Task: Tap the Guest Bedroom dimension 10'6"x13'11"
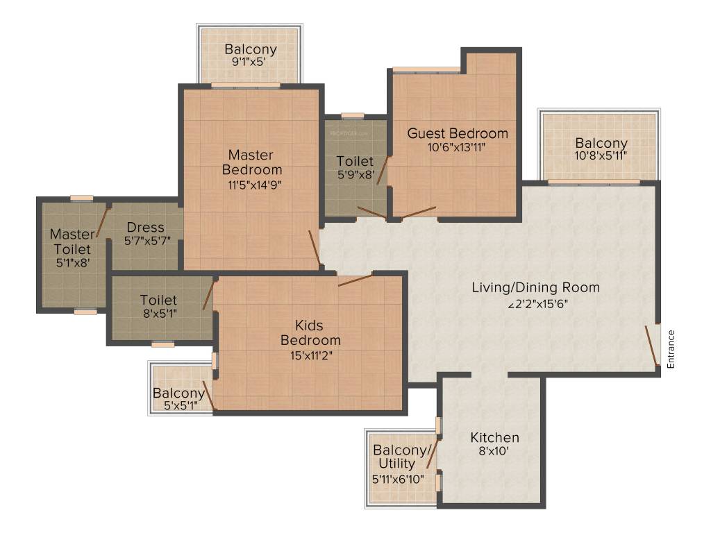[x=457, y=146]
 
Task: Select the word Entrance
[x=671, y=348]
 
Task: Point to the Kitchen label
[x=494, y=438]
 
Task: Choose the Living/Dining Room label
[x=535, y=287]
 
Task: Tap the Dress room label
[x=145, y=228]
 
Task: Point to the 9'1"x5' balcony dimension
[x=249, y=61]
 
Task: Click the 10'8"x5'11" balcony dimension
[x=601, y=155]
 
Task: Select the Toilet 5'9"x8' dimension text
[x=355, y=174]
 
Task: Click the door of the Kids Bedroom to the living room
[x=355, y=280]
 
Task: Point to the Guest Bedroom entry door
[x=419, y=212]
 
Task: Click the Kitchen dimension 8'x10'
[x=494, y=450]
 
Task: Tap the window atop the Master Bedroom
[x=245, y=85]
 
